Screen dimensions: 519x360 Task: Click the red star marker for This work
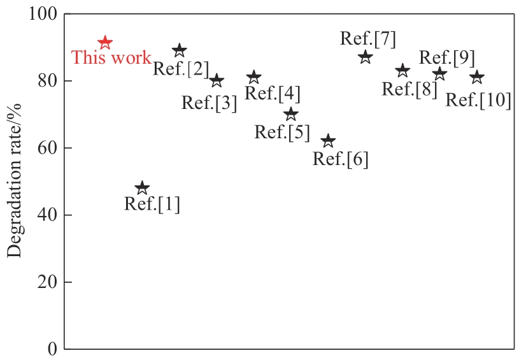[105, 43]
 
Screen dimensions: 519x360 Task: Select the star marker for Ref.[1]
[142, 188]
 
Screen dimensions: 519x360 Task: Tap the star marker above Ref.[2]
[180, 50]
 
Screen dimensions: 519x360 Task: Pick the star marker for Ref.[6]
[328, 141]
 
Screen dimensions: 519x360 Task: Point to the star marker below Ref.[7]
[366, 57]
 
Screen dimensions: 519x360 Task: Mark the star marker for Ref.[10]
[477, 77]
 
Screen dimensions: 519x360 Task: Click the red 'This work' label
[111, 57]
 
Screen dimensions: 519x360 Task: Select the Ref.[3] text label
[210, 103]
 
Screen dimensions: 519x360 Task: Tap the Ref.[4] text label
[273, 93]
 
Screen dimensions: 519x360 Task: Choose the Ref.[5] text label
[282, 132]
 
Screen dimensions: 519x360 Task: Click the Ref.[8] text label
[409, 89]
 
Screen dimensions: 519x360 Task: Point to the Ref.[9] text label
[447, 57]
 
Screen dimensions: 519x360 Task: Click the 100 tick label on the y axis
[43, 14]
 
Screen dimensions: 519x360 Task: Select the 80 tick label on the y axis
[47, 81]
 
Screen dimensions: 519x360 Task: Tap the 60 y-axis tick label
[47, 148]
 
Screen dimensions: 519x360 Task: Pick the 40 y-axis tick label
[47, 215]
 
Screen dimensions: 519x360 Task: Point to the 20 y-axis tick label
[47, 282]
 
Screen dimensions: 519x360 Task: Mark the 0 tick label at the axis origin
[52, 349]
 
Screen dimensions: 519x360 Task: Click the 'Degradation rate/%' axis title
[14, 180]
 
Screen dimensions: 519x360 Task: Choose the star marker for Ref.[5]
[291, 114]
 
